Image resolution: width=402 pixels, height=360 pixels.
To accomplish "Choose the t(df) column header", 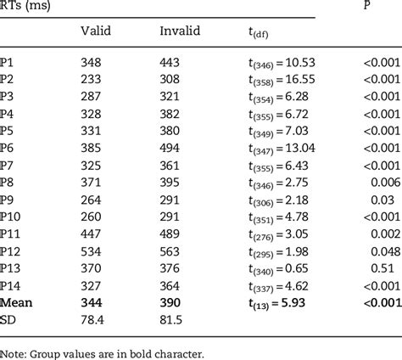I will [x=249, y=32].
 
